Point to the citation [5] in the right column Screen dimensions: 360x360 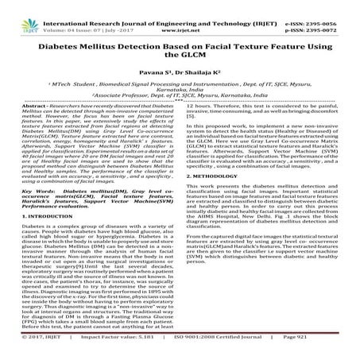[x=193, y=137]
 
